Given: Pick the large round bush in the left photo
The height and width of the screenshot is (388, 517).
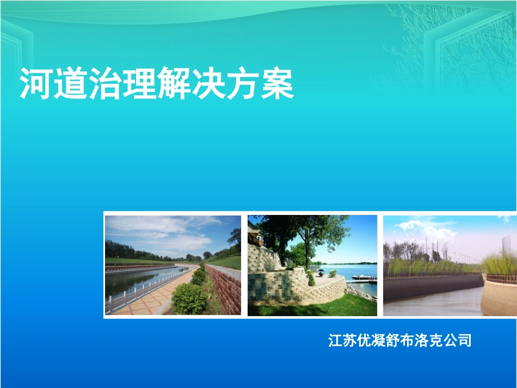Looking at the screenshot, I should point(189,298).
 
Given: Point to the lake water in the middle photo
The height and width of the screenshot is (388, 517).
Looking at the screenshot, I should point(348,270).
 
